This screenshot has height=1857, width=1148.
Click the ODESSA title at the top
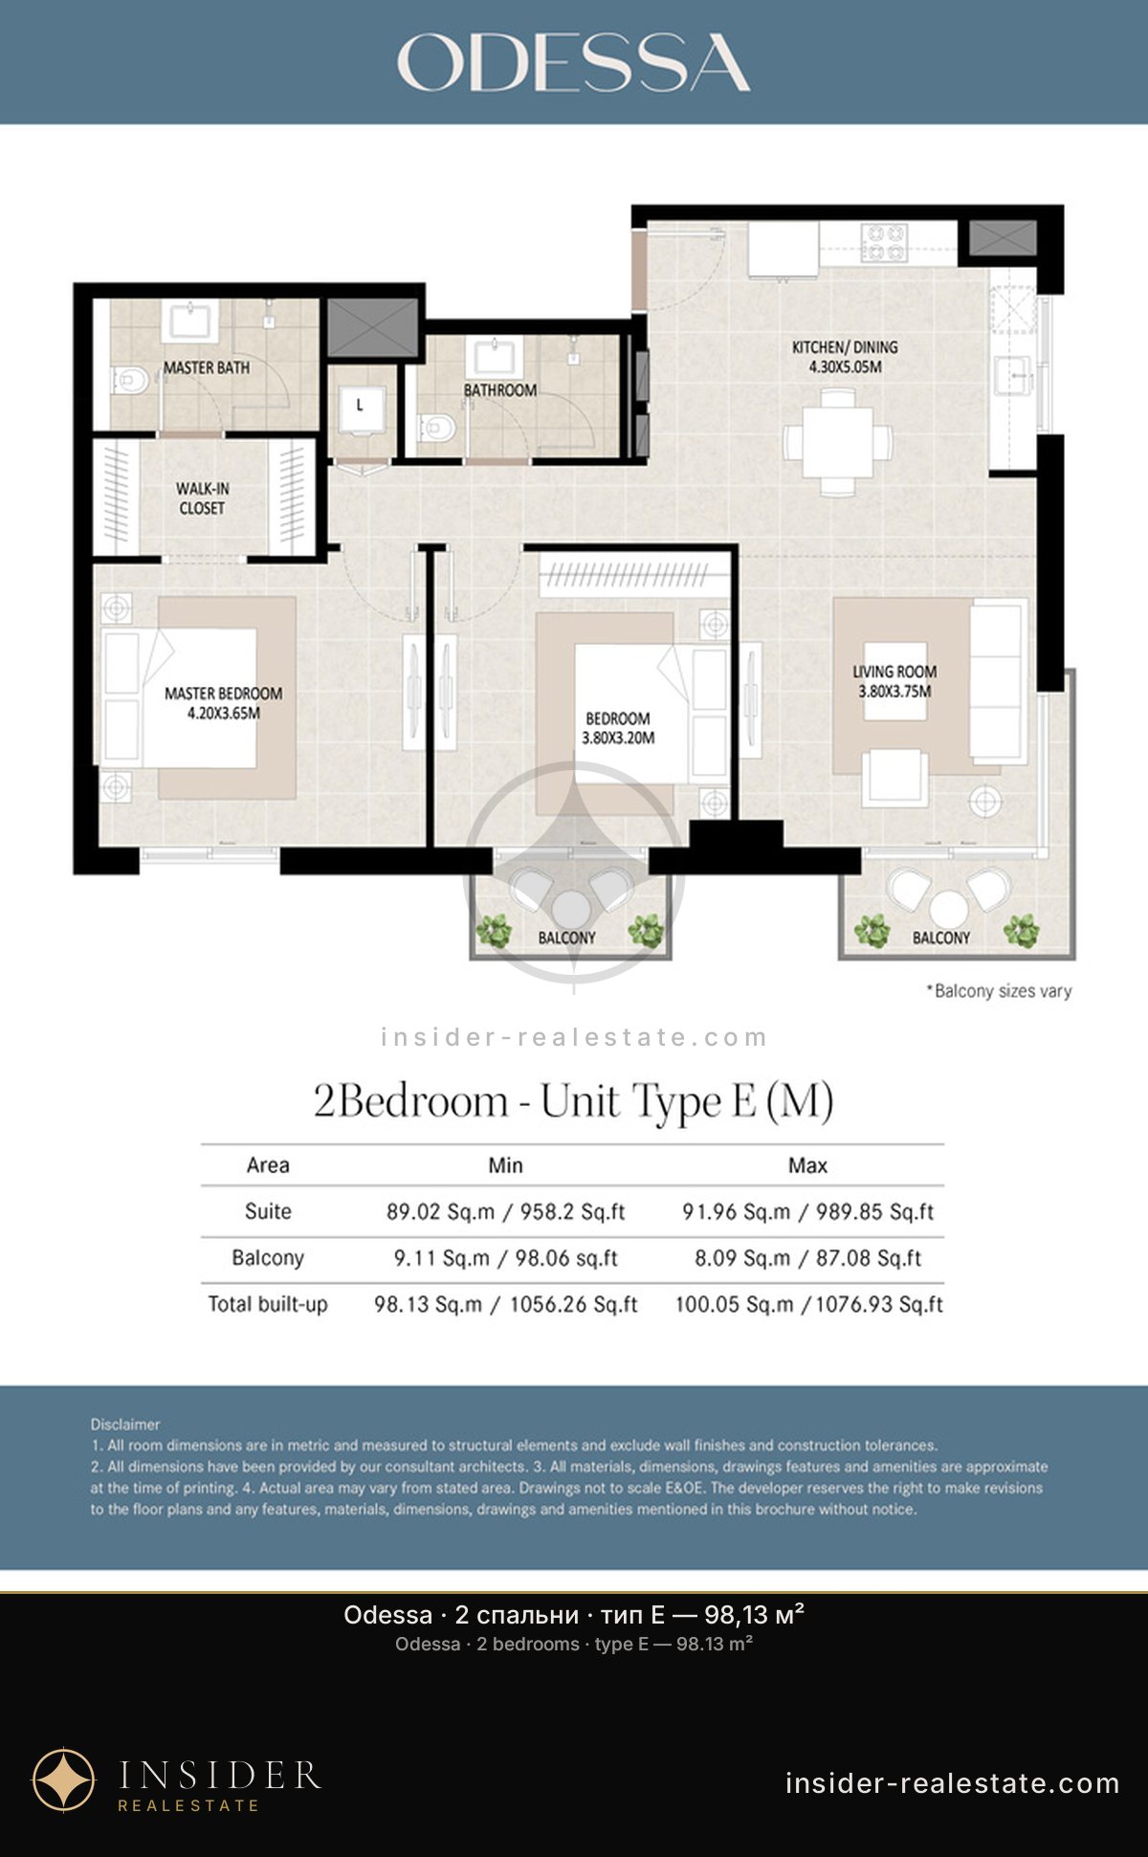[x=574, y=63]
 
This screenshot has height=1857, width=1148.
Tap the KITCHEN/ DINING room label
[x=845, y=357]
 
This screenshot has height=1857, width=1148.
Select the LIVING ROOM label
[x=894, y=681]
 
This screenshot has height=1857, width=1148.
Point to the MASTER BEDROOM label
[x=223, y=703]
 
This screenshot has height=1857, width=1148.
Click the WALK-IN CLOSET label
[x=202, y=498]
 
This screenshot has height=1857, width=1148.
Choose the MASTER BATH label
[x=206, y=367]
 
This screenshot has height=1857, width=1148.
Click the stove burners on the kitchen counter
[x=884, y=242]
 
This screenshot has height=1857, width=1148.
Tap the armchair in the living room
[x=894, y=777]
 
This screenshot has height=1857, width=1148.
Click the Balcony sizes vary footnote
[x=999, y=991]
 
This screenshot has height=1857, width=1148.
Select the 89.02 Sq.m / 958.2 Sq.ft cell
[x=505, y=1212]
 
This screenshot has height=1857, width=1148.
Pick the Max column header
[x=807, y=1165]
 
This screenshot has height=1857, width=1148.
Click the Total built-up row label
[x=268, y=1304]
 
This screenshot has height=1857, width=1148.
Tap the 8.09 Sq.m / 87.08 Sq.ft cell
[x=807, y=1258]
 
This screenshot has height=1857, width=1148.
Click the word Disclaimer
[x=125, y=1425]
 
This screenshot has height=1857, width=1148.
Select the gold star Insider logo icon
[x=64, y=1780]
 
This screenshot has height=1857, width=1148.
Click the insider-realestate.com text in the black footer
[x=952, y=1783]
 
